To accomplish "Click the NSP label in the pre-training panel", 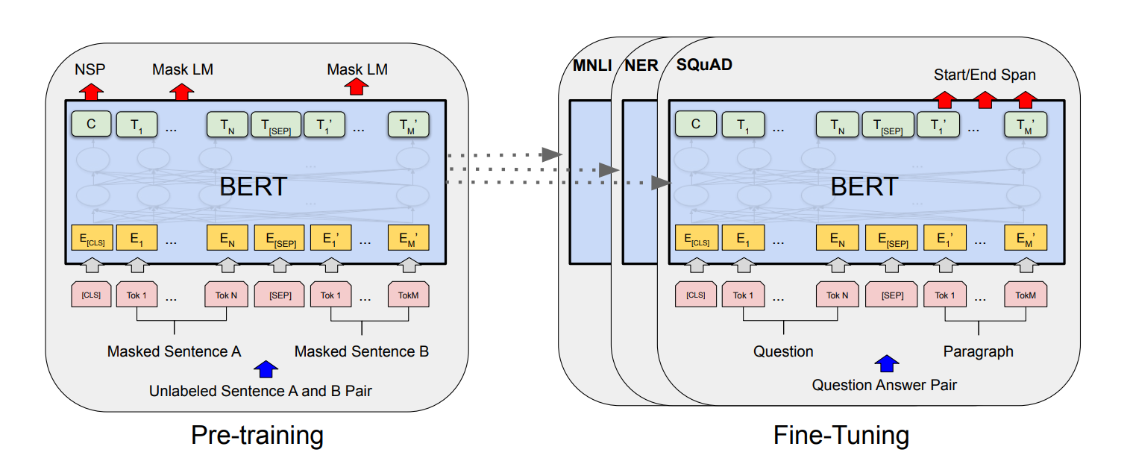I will click(x=90, y=69).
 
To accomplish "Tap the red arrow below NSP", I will click(x=91, y=92).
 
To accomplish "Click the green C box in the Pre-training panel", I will click(x=91, y=125).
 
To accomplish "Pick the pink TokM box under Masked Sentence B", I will click(x=408, y=295).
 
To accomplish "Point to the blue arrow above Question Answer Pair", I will click(x=886, y=363).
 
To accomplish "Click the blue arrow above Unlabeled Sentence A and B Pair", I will click(x=266, y=368).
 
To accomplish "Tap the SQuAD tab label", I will click(x=704, y=65).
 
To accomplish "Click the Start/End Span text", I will click(x=985, y=75).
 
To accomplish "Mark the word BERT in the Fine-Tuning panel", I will click(x=864, y=187).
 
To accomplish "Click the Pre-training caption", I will click(x=257, y=435).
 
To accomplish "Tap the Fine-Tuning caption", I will click(x=841, y=435).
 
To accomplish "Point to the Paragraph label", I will click(x=979, y=351).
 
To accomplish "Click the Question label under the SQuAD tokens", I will click(x=783, y=351).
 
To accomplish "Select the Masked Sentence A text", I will click(x=174, y=351).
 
